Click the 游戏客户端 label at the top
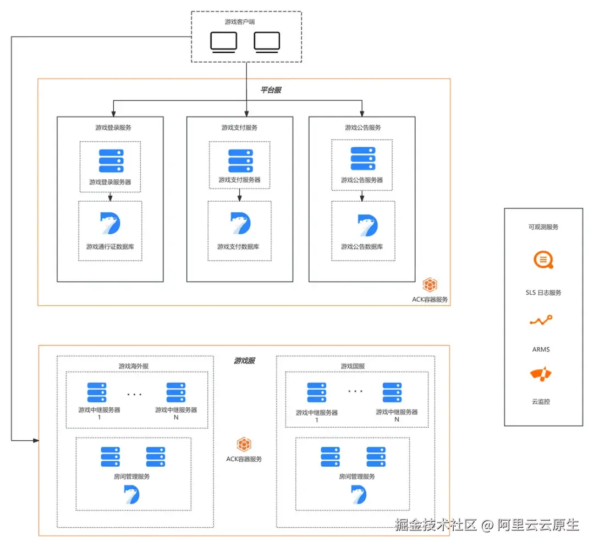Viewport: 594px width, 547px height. pos(240,22)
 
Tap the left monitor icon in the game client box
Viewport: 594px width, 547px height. pos(224,42)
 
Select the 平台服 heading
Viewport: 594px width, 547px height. pos(271,90)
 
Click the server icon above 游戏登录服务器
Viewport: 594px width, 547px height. pos(110,161)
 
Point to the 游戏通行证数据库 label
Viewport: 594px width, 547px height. pos(110,247)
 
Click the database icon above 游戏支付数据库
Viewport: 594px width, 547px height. pos(240,224)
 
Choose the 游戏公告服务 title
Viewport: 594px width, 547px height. pos(362,128)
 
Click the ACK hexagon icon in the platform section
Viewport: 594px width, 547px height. pos(430,285)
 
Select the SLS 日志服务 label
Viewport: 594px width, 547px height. pos(543,292)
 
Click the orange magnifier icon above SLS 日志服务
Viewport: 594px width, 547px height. pos(543,259)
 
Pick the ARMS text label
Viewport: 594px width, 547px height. pos(541,349)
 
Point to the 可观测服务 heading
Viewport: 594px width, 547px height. pos(543,226)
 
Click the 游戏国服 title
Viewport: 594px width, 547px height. pos(353,366)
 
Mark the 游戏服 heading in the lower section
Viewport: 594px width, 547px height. pos(244,361)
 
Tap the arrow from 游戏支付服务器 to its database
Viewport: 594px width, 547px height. pos(240,194)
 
